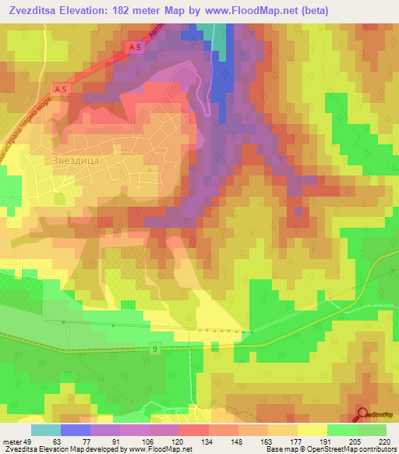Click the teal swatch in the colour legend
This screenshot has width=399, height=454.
[46, 430]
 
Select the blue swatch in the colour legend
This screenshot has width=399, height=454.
[76, 430]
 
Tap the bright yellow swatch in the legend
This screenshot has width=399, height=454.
[312, 430]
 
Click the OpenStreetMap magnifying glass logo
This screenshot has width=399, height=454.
[362, 414]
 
